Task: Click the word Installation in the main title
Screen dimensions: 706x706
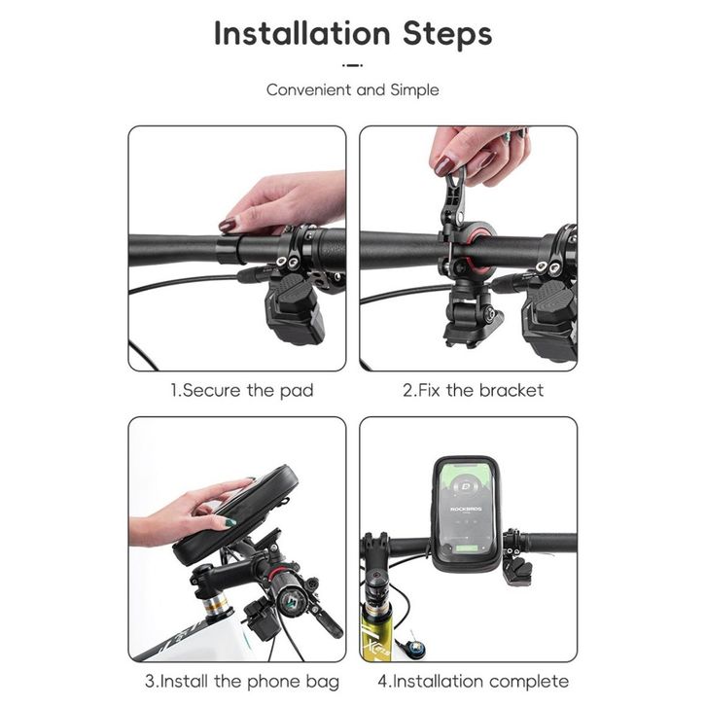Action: pos(302,34)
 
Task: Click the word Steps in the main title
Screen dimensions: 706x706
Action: pos(447,35)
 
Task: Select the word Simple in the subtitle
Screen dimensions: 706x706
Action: pos(414,90)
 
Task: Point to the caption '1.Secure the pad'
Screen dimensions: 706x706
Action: pos(242,390)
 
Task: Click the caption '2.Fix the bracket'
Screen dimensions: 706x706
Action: pos(474,390)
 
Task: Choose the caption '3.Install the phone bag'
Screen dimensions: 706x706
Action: pos(242,681)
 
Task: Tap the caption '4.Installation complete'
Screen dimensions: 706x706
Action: pos(474,681)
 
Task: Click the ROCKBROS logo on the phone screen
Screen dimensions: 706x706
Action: pos(466,509)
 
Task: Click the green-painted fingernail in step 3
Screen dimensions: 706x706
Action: pos(230,523)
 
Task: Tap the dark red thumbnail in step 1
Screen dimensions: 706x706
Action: pos(227,225)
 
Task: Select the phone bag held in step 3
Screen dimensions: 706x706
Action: pos(236,514)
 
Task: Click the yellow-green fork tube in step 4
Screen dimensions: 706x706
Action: pos(375,635)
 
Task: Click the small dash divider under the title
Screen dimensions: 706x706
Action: pos(353,65)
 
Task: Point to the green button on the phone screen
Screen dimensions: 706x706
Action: pos(468,548)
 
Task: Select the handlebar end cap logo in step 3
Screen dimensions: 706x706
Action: pos(288,603)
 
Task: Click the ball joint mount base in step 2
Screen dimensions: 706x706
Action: pos(472,320)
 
